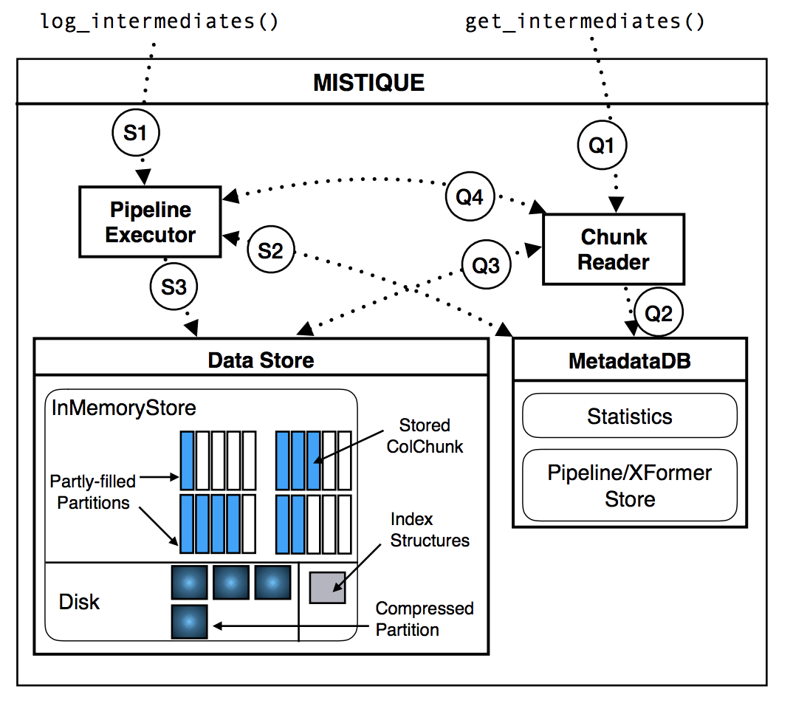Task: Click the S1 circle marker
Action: [136, 133]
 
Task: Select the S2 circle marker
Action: [271, 251]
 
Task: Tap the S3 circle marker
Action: [174, 287]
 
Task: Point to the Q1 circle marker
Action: [602, 145]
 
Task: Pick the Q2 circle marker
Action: [659, 313]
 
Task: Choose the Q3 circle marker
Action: [486, 266]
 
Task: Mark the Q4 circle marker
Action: [470, 198]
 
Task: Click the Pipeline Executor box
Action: [150, 222]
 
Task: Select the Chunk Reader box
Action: [614, 250]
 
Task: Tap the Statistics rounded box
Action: [630, 416]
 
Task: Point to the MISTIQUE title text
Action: [369, 82]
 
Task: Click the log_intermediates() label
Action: [159, 21]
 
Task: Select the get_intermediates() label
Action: [585, 21]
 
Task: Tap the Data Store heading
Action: [261, 360]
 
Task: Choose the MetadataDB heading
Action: [630, 360]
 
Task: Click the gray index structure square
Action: [327, 587]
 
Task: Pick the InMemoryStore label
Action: [124, 407]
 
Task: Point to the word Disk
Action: [79, 602]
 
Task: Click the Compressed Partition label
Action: [424, 619]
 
